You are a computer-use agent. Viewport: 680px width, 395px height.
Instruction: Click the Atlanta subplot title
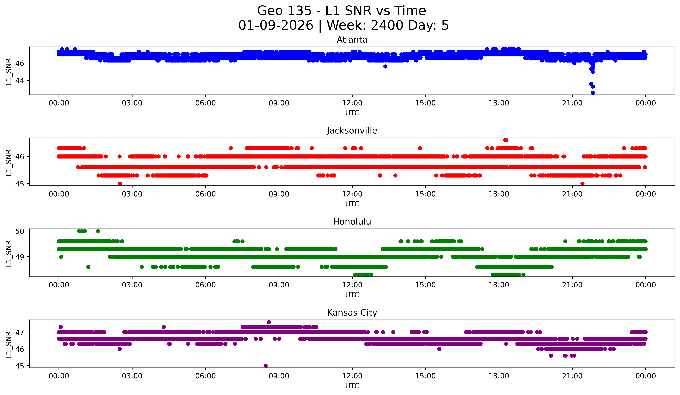pos(352,40)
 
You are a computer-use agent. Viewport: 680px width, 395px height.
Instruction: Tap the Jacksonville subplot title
pos(352,131)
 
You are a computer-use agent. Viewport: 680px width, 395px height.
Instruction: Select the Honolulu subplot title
pos(352,222)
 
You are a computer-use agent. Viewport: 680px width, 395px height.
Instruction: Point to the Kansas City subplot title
pos(352,313)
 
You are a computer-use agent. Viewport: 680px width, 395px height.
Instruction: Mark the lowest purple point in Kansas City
pos(265,366)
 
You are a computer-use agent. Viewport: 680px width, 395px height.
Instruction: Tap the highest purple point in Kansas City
pos(269,322)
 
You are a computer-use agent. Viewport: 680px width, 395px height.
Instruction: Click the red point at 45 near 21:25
pos(582,184)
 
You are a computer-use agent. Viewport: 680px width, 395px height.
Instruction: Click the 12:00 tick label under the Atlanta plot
pos(352,103)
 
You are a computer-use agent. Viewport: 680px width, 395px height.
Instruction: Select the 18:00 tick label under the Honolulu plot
pos(499,285)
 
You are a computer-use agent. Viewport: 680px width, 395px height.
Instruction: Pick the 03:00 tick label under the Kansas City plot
pos(132,376)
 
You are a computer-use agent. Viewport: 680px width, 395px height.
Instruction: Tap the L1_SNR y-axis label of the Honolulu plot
pos(9,253)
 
